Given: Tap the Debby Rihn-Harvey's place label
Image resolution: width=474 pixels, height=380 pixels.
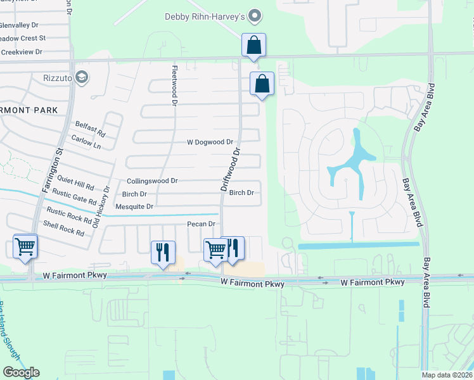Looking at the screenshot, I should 204,16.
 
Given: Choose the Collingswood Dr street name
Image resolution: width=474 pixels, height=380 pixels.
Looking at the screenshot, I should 152,181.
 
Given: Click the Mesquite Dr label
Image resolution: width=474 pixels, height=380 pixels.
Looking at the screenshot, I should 134,206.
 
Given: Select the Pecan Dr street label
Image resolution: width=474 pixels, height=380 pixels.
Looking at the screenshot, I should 202,224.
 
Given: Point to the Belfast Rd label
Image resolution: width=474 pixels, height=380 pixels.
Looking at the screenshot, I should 90,129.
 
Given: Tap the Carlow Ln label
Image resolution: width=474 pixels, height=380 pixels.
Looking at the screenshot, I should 86,141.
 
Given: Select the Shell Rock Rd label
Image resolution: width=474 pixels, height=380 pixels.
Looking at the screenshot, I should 63,228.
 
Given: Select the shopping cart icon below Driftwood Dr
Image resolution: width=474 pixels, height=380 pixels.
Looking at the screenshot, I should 215,250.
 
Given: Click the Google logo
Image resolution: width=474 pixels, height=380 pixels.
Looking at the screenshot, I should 21,372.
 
